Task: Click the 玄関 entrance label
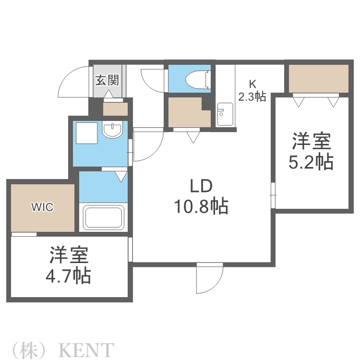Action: (x=106, y=80)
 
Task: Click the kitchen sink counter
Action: (x=225, y=114)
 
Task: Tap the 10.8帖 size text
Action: (x=200, y=207)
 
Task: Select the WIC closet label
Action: (x=42, y=207)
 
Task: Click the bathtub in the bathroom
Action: (x=104, y=217)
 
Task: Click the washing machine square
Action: (x=85, y=131)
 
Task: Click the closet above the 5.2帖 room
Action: (x=317, y=78)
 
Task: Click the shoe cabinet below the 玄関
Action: (x=115, y=109)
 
